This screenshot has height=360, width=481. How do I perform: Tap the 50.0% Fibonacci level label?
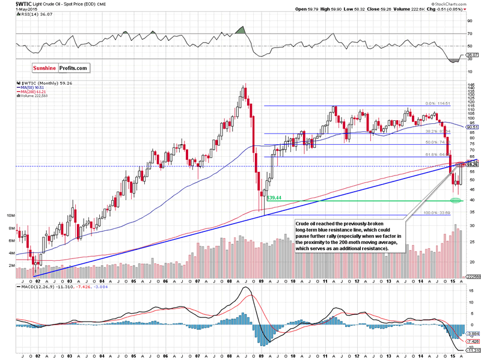433,142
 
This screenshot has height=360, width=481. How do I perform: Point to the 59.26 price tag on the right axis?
474,164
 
